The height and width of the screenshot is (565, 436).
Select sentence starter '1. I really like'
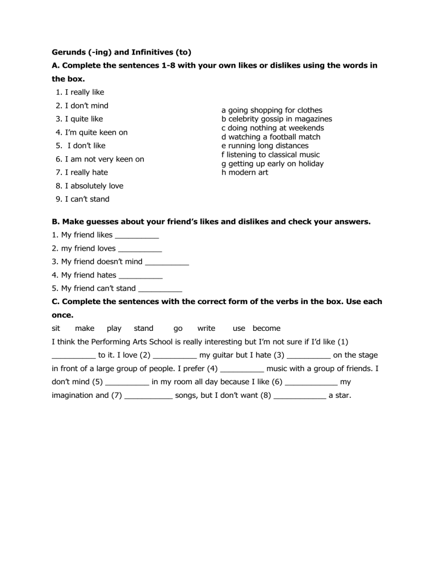pyautogui.click(x=80, y=92)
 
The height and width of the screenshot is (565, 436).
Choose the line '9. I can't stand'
pyautogui.click(x=83, y=199)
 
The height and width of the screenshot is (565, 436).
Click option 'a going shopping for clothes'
pyautogui.click(x=272, y=110)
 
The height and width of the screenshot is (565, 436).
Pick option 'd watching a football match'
pyautogui.click(x=271, y=137)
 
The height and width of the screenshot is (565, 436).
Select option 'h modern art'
pyautogui.click(x=245, y=172)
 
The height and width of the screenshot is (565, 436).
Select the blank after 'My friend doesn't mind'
pyautogui.click(x=167, y=263)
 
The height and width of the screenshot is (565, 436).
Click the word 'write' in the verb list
pyautogui.click(x=206, y=328)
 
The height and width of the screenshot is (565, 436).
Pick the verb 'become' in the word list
pyautogui.click(x=266, y=328)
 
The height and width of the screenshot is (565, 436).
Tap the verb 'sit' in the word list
pyautogui.click(x=56, y=328)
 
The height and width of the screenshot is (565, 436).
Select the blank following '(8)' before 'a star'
pyautogui.click(x=300, y=396)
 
